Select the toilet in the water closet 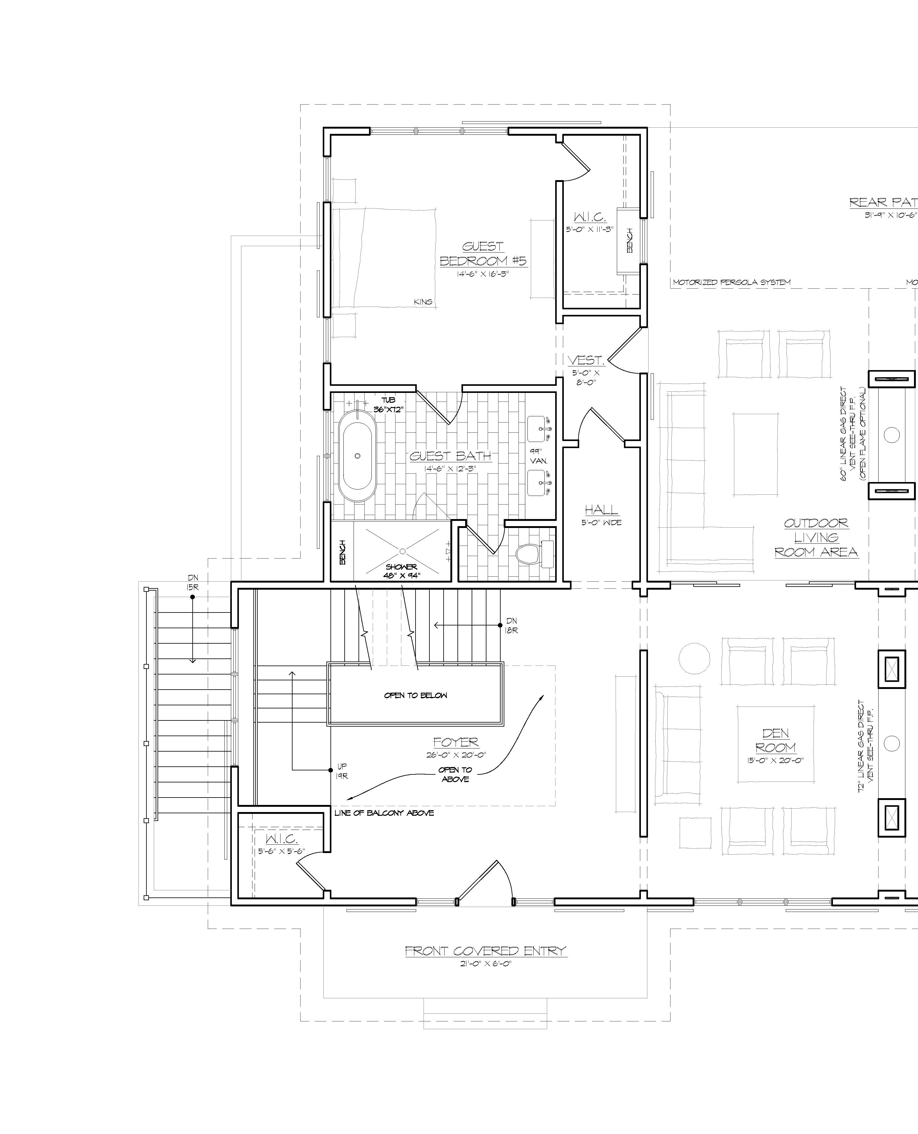[529, 554]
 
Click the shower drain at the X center [402, 551]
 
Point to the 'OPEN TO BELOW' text [415, 695]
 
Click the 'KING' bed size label [423, 302]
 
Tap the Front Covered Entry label [486, 950]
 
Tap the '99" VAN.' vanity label [538, 456]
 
